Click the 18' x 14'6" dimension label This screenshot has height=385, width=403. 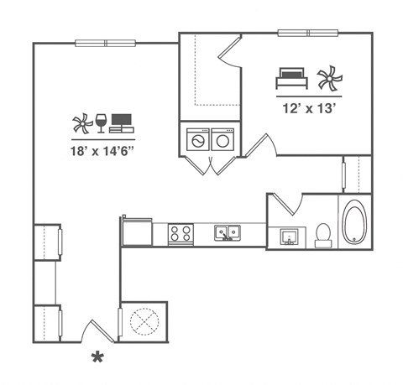point(103,152)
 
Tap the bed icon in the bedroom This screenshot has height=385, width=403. point(291,79)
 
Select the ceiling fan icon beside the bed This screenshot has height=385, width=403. point(329,79)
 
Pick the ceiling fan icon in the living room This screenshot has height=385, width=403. point(81,123)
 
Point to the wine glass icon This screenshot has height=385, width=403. point(101,123)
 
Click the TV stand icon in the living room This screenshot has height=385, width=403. point(122,123)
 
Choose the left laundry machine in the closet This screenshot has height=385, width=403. point(197,141)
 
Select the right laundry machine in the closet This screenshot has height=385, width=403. point(223,141)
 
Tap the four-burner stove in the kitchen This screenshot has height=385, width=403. point(181,233)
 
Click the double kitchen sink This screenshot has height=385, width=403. point(227,232)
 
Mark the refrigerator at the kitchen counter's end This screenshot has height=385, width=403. point(136,231)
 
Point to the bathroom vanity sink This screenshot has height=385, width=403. point(290,237)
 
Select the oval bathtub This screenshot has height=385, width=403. point(353,222)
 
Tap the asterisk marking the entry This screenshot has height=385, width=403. point(98,359)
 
